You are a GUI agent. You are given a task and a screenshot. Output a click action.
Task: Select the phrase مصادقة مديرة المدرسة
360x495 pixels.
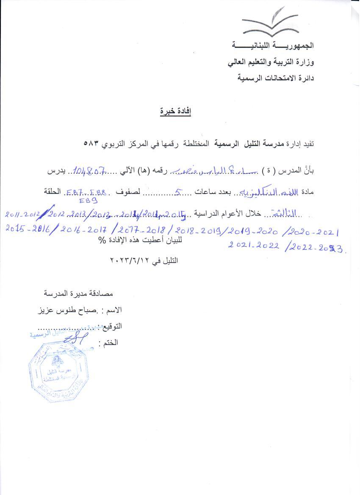coord(79,293)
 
